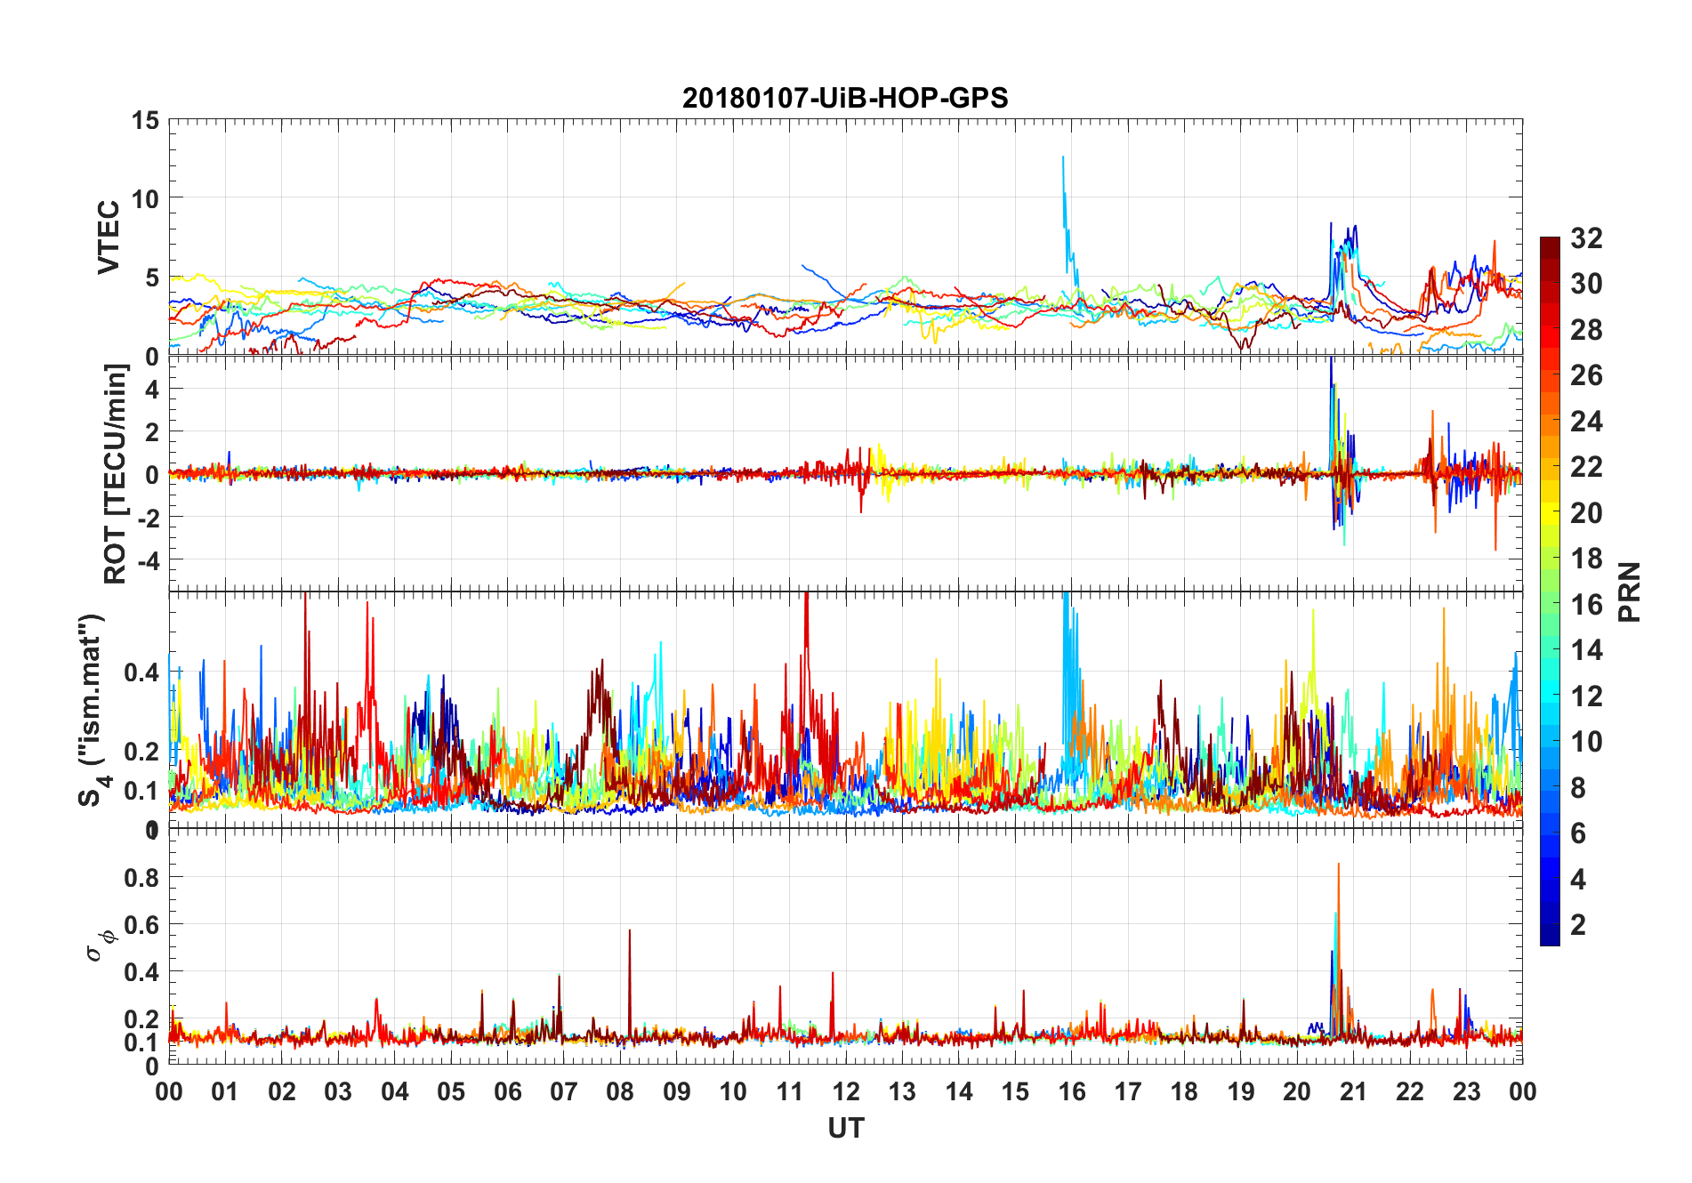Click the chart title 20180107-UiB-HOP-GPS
845,98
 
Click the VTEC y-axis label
109,237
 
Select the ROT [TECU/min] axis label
116,473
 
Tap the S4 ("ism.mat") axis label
93,710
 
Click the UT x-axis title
845,1129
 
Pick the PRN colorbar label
1629,591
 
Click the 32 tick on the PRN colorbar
1586,238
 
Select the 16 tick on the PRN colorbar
1586,605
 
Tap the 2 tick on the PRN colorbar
1578,925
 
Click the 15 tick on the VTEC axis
146,120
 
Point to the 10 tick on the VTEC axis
146,199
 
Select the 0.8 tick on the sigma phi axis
142,877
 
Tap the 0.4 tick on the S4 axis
142,672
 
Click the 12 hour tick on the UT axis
846,1091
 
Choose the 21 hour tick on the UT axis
1353,1091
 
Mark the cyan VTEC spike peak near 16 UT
1062,157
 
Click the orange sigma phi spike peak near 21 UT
1338,864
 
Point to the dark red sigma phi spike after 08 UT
630,930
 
